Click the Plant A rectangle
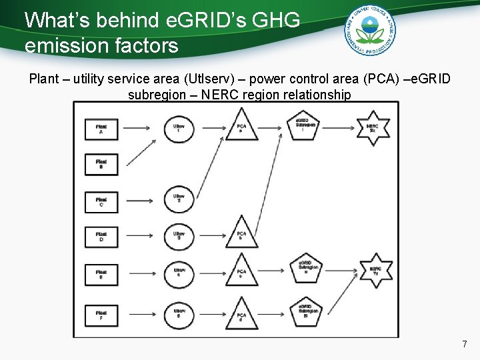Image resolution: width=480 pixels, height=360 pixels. tap(101, 128)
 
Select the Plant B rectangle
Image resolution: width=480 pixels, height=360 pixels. tap(101, 164)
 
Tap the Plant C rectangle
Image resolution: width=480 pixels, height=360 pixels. tap(101, 202)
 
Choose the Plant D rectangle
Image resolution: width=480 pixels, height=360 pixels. tap(101, 237)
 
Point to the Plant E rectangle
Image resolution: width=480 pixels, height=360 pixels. tap(101, 273)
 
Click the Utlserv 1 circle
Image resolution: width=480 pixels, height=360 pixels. tap(179, 128)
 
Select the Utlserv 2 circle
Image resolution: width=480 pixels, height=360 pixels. tap(179, 199)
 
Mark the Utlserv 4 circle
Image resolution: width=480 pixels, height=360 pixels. tap(179, 273)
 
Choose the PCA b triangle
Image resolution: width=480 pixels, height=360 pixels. tap(241, 235)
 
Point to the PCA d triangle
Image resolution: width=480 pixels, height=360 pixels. tap(241, 314)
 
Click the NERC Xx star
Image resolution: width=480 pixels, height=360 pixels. tap(373, 127)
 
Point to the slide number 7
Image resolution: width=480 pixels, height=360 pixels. tap(465, 345)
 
